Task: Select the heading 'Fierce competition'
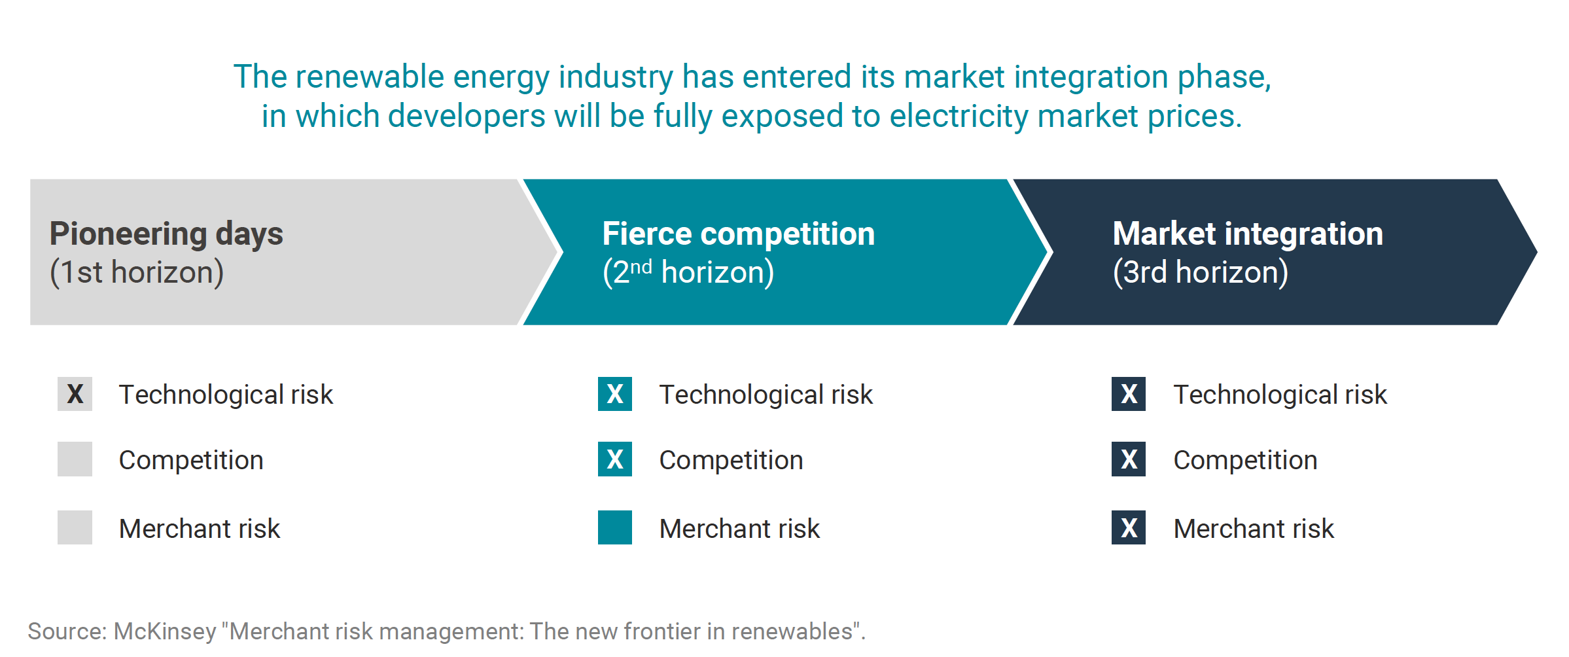coord(738,234)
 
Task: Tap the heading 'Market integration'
coord(1248,234)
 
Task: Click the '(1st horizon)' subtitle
coord(137,272)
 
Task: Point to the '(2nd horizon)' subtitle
coord(688,272)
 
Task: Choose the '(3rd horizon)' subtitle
coord(1201,272)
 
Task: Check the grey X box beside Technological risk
coord(75,394)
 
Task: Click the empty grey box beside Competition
coord(75,459)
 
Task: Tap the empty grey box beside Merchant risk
coord(75,527)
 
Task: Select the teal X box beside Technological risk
coord(615,394)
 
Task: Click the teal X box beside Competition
coord(615,459)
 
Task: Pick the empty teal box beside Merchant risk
coord(615,527)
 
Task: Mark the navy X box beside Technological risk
coord(1129,394)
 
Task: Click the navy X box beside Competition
coord(1129,459)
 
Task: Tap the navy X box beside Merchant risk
coord(1129,527)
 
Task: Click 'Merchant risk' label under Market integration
coord(1254,529)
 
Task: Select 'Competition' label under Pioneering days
coord(191,461)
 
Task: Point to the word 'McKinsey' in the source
coord(165,631)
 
